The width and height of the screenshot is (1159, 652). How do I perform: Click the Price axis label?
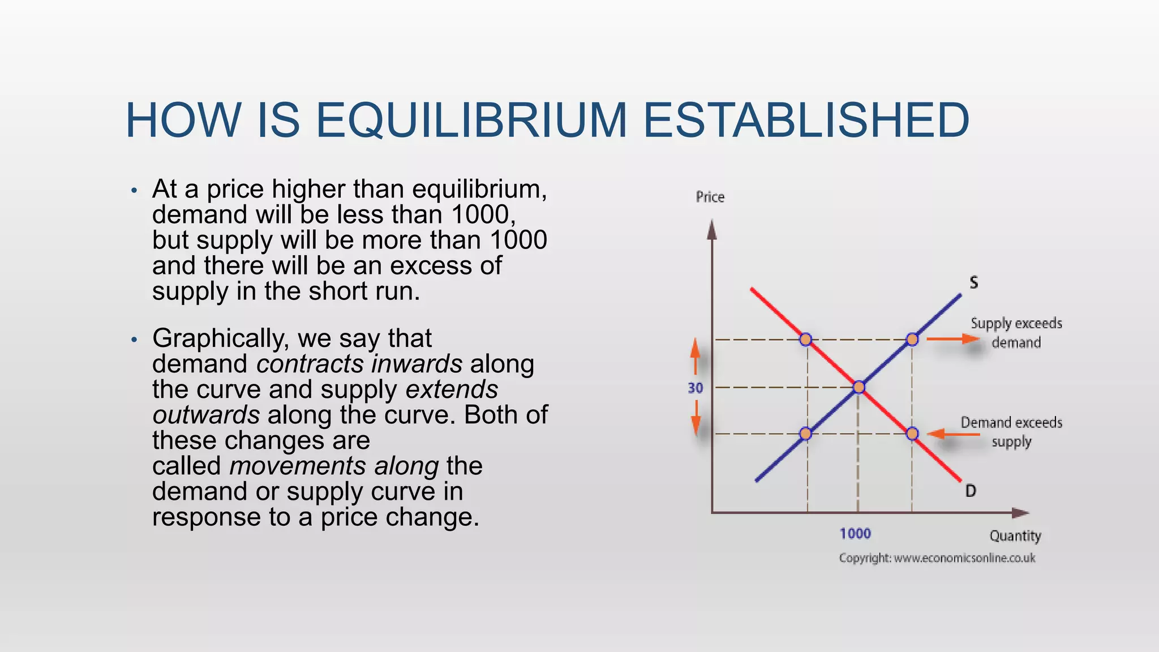(710, 197)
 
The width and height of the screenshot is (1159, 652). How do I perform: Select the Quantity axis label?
(1015, 535)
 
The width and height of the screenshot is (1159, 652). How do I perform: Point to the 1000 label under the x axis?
(855, 533)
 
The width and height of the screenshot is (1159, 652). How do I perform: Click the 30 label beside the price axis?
(695, 388)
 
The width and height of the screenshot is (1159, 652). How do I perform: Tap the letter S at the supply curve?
(973, 282)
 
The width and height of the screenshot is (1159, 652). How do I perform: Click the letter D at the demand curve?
(971, 491)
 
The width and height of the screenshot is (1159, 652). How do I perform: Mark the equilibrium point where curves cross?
(858, 387)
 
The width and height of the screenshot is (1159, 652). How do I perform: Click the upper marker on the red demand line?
(806, 340)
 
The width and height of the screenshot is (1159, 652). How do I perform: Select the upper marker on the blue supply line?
(912, 340)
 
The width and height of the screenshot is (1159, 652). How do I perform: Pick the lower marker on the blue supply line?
(806, 434)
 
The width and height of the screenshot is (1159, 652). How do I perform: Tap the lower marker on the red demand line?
(912, 434)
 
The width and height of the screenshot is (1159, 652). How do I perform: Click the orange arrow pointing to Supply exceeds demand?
(953, 339)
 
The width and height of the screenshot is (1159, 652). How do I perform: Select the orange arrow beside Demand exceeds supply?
(954, 434)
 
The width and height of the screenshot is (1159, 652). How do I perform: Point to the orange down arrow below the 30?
(696, 419)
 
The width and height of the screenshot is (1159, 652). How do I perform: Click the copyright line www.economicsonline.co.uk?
(937, 558)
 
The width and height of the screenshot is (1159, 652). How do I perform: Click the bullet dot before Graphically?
(134, 340)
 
